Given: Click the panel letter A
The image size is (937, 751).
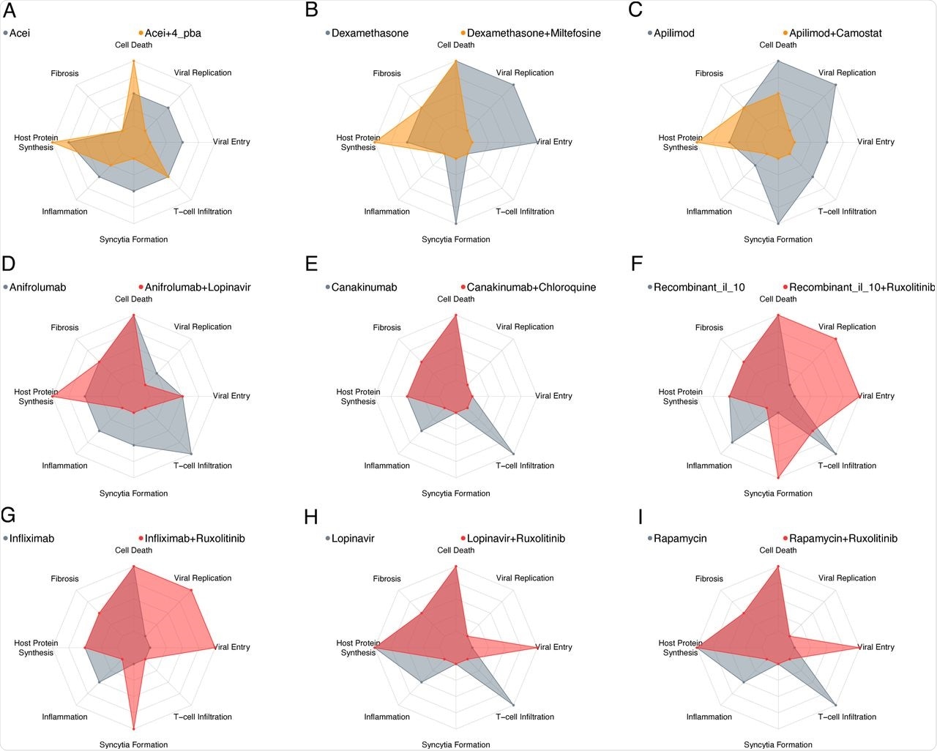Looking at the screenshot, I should (10, 10).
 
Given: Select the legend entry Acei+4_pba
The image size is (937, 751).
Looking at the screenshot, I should (172, 33).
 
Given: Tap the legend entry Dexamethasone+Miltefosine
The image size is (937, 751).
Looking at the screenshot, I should (533, 33).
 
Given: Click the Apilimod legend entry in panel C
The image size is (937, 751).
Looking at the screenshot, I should (673, 33).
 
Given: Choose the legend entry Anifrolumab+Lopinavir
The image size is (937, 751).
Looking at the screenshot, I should (197, 287).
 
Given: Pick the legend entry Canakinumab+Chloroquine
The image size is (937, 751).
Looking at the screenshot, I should (531, 287).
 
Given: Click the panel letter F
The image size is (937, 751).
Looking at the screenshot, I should (637, 264).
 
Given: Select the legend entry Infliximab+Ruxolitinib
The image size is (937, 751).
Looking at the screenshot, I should (194, 538).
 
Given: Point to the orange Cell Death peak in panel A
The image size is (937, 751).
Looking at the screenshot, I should (133, 61).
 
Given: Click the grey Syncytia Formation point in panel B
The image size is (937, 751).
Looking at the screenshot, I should (456, 223).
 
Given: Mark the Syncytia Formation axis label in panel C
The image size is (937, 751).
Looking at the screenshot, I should (778, 239).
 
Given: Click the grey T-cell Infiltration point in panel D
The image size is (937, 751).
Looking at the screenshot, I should (191, 452).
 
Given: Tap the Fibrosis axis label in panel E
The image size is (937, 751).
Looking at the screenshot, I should (387, 327).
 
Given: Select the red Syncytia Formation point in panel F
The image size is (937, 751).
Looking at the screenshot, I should (778, 477).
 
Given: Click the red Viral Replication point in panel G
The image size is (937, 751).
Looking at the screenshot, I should (191, 590).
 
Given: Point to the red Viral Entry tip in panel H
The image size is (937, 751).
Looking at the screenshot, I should (537, 648).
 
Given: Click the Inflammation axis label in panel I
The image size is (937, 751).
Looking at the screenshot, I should (709, 717).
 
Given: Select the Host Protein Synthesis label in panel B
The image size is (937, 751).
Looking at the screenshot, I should (358, 142).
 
